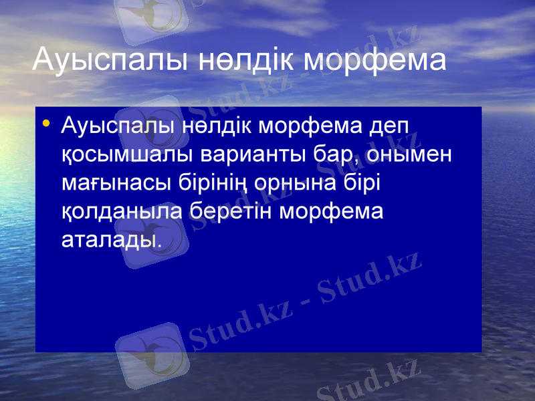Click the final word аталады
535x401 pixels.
tap(111, 239)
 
